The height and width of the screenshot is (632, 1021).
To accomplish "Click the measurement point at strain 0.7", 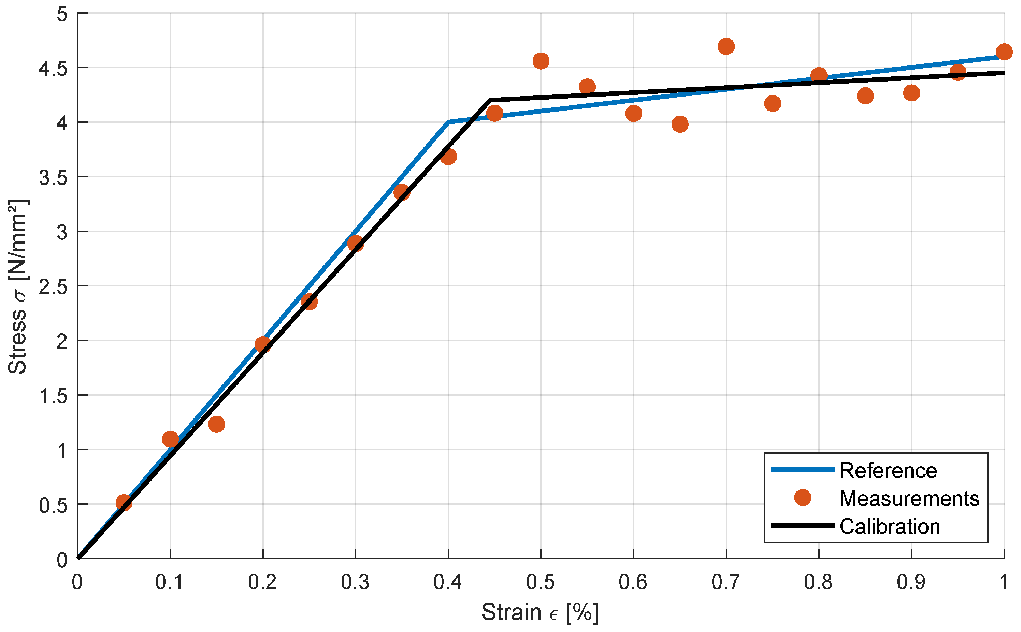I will click(x=726, y=46).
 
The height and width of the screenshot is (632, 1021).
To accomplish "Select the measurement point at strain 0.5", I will click(x=541, y=61).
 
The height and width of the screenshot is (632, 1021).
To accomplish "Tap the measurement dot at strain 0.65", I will click(x=680, y=124).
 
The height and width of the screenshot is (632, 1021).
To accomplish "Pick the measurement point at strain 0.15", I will click(x=216, y=424).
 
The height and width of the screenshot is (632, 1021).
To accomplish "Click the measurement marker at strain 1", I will click(x=1004, y=52).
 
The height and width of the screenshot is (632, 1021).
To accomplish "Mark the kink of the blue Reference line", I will click(x=448, y=122).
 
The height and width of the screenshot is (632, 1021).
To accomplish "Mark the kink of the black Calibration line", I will click(x=490, y=100).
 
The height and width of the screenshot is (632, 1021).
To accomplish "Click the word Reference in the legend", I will click(x=888, y=471).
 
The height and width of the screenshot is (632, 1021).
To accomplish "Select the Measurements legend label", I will click(x=909, y=499).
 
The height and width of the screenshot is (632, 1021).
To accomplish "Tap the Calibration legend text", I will click(x=890, y=527).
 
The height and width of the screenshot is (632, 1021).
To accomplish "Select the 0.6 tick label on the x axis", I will click(x=633, y=582).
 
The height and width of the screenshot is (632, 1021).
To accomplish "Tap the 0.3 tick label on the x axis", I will click(x=355, y=582).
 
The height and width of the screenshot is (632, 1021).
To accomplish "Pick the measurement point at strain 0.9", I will click(x=911, y=93).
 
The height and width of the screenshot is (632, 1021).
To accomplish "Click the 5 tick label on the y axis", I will click(x=62, y=15).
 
